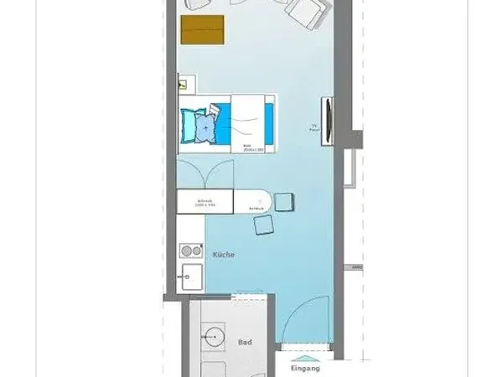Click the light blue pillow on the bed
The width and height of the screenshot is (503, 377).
200,126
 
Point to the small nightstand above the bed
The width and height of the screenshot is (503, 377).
186,84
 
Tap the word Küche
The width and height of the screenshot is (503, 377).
224,254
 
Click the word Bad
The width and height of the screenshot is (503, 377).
245,342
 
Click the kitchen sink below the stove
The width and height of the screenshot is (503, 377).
189,273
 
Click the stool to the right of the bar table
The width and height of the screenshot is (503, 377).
283,202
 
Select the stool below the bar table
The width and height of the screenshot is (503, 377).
264,225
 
